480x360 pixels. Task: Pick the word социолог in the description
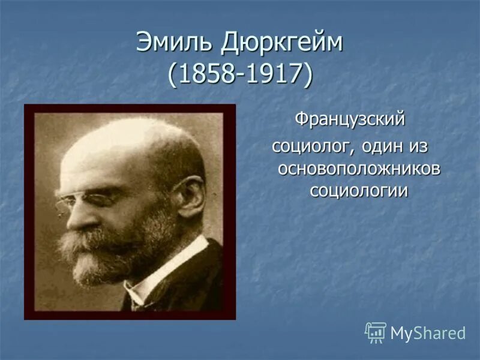pyautogui.click(x=308, y=146)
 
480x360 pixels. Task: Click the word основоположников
pyautogui.click(x=358, y=169)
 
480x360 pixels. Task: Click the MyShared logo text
pyautogui.click(x=428, y=333)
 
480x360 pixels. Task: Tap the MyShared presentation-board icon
pyautogui.click(x=376, y=332)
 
